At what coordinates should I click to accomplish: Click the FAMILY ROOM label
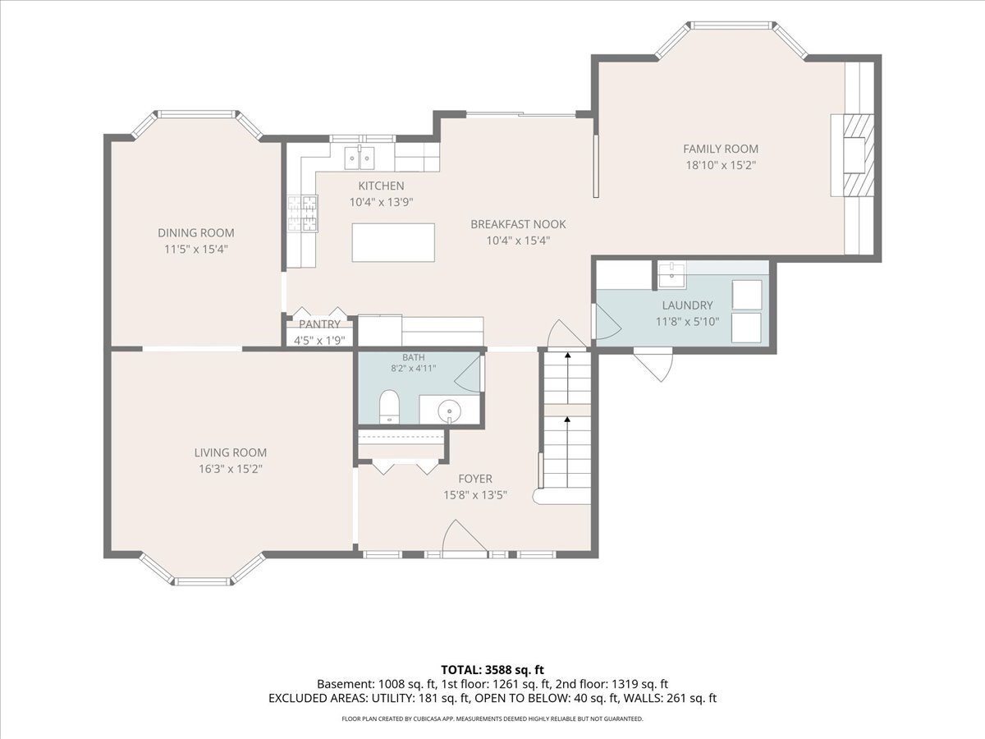[721, 149]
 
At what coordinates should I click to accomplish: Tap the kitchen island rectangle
[393, 242]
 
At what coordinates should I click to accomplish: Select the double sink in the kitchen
[360, 157]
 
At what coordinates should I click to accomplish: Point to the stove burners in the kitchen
[302, 213]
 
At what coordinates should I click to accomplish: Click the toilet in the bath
[389, 406]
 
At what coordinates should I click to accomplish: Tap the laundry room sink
[671, 276]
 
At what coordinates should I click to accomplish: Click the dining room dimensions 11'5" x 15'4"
[196, 249]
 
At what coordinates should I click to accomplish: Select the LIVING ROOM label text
[230, 452]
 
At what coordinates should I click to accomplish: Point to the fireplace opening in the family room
[854, 155]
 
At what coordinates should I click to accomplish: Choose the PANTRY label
[320, 324]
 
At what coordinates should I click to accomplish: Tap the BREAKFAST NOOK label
[518, 224]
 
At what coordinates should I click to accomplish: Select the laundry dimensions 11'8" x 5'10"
[688, 322]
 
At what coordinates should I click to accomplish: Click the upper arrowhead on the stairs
[568, 355]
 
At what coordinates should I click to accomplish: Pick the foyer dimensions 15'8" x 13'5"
[475, 495]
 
